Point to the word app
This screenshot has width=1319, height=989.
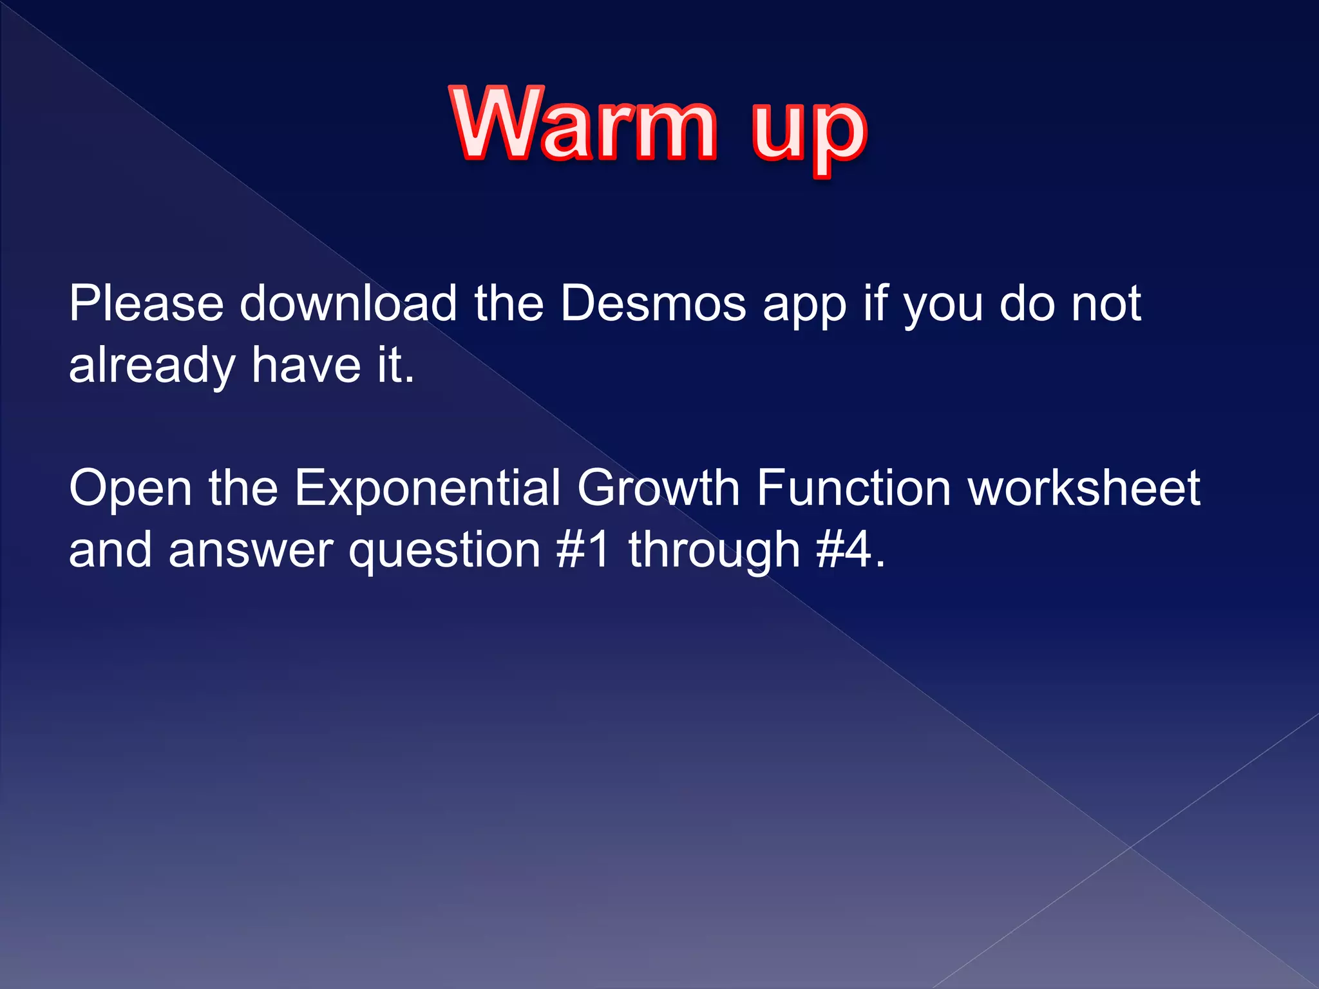tap(804, 308)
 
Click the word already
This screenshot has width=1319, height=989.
tap(151, 366)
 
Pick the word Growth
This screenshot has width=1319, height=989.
tap(658, 488)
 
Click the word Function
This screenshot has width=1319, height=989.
tap(853, 488)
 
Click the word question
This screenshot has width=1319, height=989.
tap(444, 554)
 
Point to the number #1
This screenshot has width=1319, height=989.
tap(582, 550)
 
